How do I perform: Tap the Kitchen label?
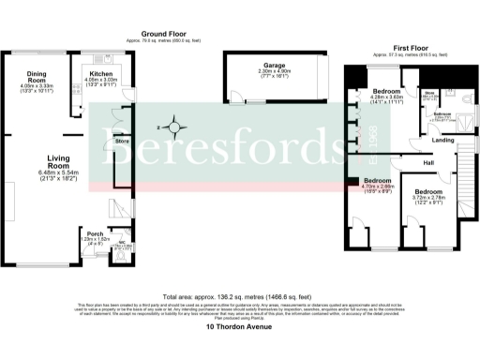pyautogui.click(x=100, y=73)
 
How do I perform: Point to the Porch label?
pyautogui.click(x=95, y=233)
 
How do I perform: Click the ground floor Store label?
pyautogui.click(x=121, y=142)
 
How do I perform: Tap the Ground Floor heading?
pyautogui.click(x=155, y=30)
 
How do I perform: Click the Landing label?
pyautogui.click(x=442, y=142)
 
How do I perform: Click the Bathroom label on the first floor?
pyautogui.click(x=442, y=112)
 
